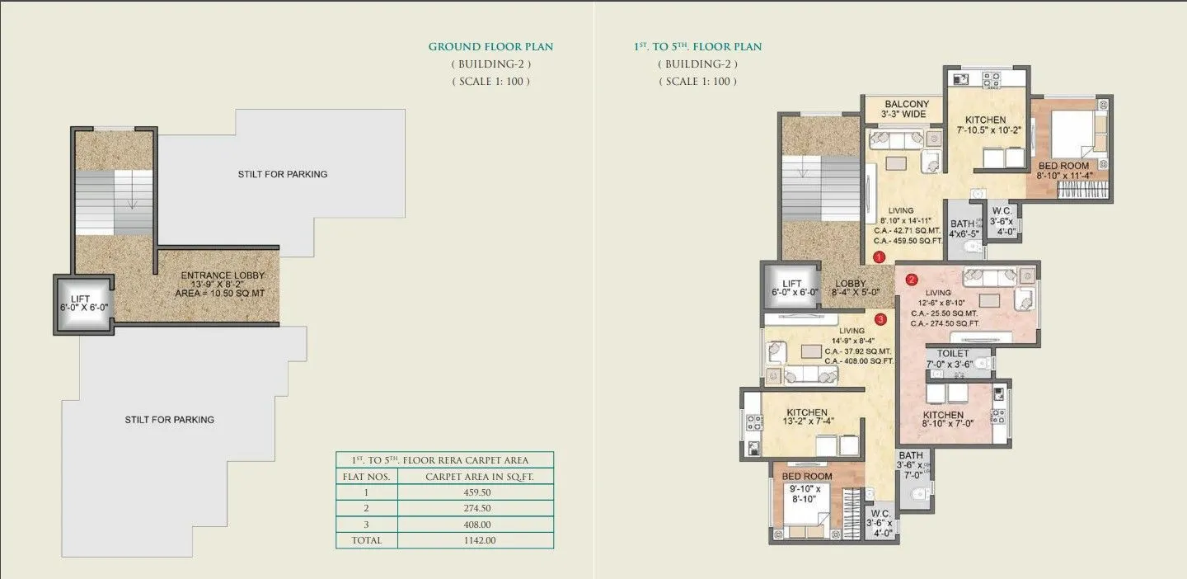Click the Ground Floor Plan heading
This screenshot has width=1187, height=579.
490,47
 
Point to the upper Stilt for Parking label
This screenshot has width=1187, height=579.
282,174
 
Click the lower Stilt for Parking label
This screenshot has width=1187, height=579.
169,420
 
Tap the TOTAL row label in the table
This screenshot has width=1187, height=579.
366,541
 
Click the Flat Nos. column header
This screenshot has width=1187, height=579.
366,477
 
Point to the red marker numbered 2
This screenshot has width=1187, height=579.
911,279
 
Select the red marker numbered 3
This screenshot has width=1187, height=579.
880,318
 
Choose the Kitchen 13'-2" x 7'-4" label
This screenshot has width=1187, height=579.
806,417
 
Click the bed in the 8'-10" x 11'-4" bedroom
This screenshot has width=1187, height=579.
1072,132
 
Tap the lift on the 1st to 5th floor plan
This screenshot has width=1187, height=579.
791,288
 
